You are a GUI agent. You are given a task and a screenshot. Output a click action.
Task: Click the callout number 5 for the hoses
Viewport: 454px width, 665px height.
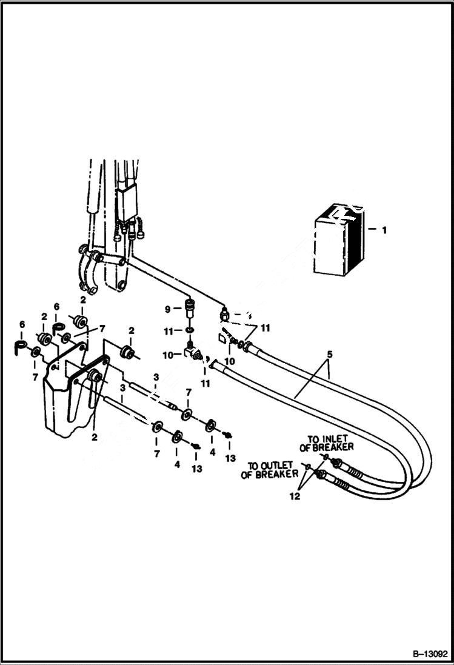329,353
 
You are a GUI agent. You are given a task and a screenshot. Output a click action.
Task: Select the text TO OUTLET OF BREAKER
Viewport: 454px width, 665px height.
270,470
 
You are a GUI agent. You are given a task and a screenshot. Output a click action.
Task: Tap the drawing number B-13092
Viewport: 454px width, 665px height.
426,654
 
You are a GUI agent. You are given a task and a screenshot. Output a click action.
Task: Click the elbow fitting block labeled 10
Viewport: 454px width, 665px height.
192,353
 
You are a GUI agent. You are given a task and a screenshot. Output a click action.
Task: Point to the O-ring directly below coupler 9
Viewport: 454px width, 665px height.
190,330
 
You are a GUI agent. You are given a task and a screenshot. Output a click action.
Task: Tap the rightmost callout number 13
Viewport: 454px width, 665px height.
230,458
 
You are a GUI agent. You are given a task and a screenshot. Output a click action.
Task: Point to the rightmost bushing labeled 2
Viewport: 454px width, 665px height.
127,352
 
